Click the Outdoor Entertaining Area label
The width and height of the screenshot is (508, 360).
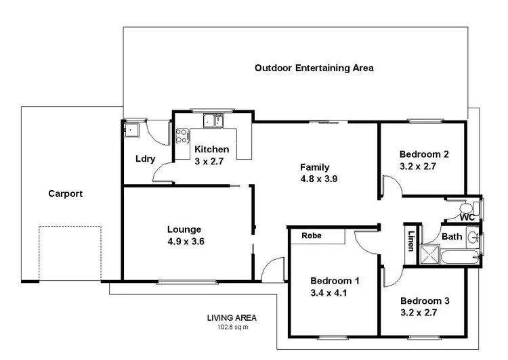[x=314, y=68]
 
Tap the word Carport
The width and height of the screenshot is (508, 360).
[x=65, y=194]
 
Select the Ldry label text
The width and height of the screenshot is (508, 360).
[x=146, y=159]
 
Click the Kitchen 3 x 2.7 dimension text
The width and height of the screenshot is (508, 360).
[x=209, y=161]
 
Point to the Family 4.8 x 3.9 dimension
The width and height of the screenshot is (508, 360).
[x=314, y=179]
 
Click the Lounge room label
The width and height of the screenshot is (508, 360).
[x=184, y=229]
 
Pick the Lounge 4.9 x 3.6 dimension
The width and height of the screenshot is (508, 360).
[x=184, y=241]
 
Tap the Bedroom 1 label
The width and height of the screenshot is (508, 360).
[x=335, y=281]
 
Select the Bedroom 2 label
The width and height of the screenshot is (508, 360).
[x=424, y=154]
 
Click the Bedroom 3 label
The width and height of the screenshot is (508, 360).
[x=424, y=300]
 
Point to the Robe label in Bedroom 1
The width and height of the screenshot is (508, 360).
[x=312, y=236]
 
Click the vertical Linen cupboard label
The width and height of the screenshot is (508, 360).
[x=411, y=241]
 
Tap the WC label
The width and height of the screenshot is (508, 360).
[x=466, y=217]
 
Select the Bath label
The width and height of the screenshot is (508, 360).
[x=451, y=237]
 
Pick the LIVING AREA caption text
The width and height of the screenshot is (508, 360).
[x=232, y=317]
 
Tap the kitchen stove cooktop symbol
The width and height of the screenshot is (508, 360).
[x=182, y=135]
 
